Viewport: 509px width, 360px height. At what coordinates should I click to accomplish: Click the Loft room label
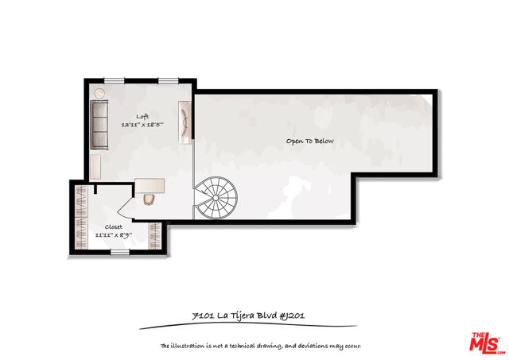(142, 117)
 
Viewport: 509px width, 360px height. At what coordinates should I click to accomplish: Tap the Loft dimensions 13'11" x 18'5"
(142, 124)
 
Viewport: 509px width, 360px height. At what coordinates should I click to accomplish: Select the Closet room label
(113, 226)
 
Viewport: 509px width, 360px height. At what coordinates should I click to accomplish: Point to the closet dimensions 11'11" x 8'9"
(113, 234)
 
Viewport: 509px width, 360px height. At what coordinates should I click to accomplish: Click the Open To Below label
(309, 141)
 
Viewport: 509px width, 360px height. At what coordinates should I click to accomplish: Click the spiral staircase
(216, 198)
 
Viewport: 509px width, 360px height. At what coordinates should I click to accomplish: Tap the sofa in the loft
(99, 125)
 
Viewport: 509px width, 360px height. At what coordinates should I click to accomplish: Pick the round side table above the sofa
(99, 93)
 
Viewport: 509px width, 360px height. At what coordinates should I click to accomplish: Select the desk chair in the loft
(149, 199)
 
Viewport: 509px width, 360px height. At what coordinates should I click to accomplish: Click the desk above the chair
(150, 186)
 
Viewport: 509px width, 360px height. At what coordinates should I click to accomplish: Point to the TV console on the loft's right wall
(185, 122)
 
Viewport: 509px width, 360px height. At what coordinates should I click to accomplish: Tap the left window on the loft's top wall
(114, 80)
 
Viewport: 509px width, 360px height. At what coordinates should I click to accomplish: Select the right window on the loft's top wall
(169, 80)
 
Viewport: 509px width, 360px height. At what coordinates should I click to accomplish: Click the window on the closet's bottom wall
(120, 252)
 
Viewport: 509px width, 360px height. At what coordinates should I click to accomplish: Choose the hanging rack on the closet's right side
(154, 236)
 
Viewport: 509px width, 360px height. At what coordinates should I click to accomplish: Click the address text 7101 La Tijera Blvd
(234, 315)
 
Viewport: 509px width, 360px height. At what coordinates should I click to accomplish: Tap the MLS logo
(487, 343)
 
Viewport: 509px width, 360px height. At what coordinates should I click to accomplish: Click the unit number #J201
(292, 315)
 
